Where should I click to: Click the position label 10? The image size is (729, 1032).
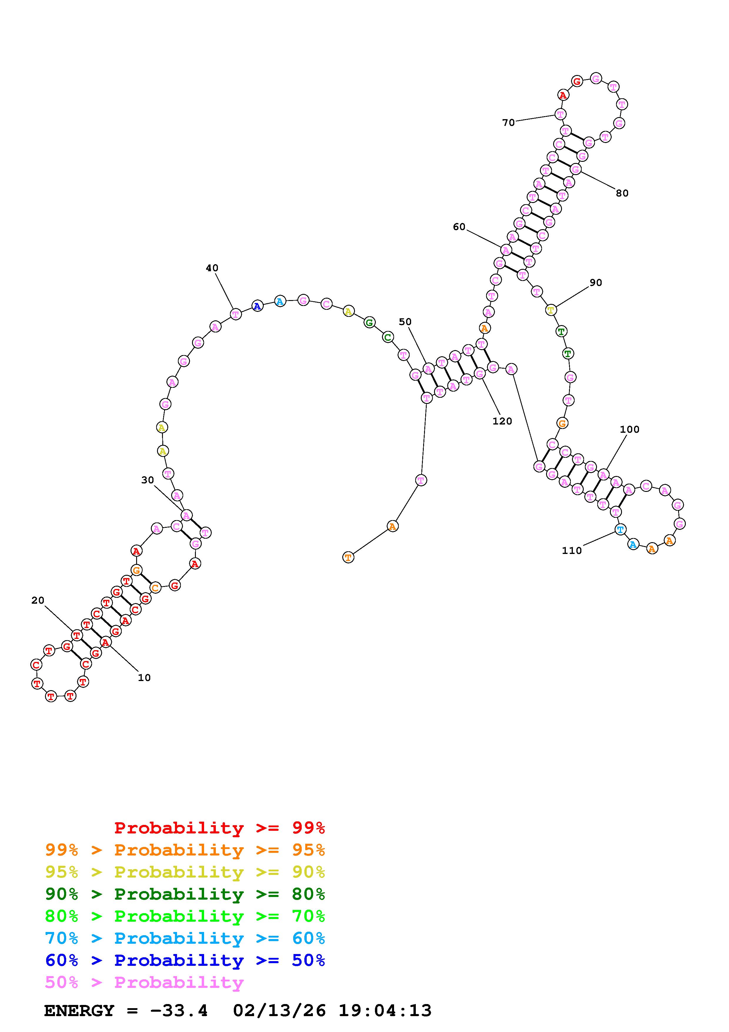[x=144, y=678]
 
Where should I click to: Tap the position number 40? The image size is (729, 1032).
[x=212, y=268]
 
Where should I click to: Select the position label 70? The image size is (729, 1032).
[x=508, y=123]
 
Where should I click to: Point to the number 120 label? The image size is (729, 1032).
[x=502, y=421]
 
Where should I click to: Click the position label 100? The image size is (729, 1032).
[x=630, y=429]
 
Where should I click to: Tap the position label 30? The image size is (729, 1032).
[x=147, y=480]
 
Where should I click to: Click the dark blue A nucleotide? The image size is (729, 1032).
[x=257, y=306]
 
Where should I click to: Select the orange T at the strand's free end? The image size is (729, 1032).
[x=348, y=558]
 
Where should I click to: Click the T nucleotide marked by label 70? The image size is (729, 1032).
[x=560, y=114]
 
